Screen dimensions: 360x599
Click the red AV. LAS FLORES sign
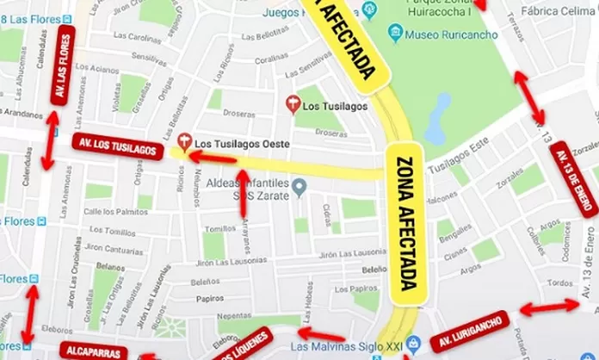[x=63, y=65]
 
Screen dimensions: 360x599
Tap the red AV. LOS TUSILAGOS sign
[x=117, y=147]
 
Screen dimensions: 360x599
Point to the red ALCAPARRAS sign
[x=94, y=350]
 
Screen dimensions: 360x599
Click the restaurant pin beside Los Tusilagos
[x=293, y=104]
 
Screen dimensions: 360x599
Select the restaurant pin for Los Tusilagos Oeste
[x=183, y=140]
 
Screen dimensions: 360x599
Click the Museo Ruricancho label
[x=440, y=34]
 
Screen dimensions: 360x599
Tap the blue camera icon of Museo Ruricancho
[x=396, y=34]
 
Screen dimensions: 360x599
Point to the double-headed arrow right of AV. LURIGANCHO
[x=549, y=306]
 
